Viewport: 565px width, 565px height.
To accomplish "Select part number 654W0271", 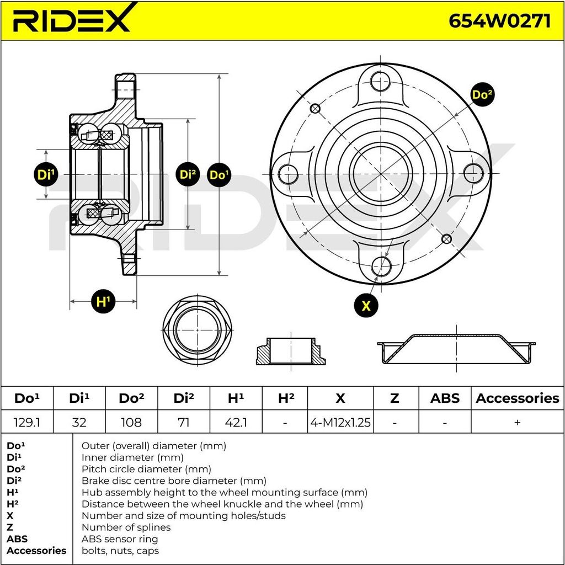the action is pyautogui.click(x=499, y=22).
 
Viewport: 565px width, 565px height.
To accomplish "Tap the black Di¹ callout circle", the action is pyautogui.click(x=46, y=175).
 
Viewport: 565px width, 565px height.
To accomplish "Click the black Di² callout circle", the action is pyautogui.click(x=188, y=174).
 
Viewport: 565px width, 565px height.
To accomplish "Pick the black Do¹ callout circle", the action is pyautogui.click(x=219, y=175).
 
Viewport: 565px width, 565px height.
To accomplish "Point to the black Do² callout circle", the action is pyautogui.click(x=482, y=95).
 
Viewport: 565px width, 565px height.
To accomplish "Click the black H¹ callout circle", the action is pyautogui.click(x=103, y=301).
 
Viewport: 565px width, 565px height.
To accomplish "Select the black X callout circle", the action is pyautogui.click(x=366, y=306).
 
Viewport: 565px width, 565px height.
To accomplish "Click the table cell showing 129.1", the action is pyautogui.click(x=26, y=422).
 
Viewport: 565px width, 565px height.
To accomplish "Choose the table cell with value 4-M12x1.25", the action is pyautogui.click(x=340, y=422).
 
